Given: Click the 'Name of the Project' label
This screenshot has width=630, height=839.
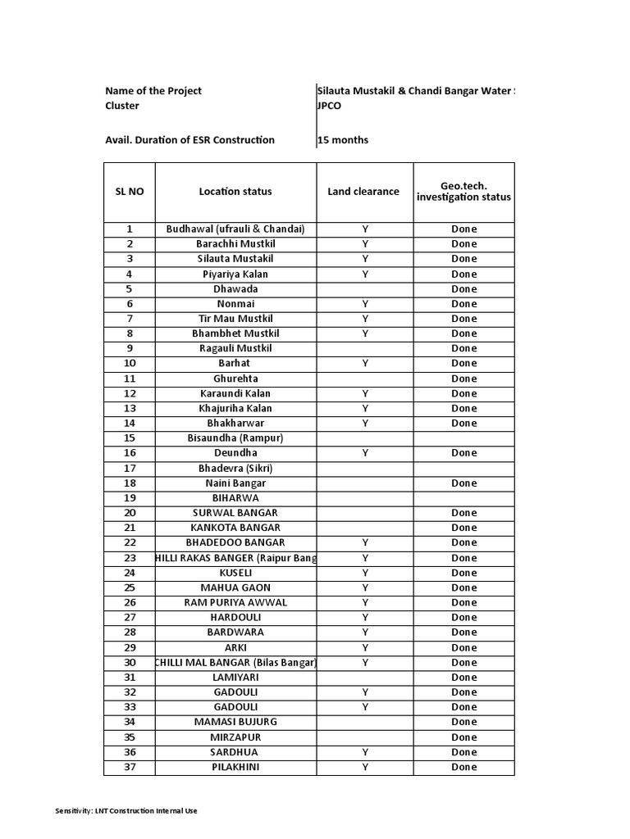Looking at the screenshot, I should point(153,91).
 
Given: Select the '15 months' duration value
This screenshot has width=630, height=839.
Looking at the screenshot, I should point(344,140).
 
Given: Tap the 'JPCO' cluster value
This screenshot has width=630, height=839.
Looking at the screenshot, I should point(331,106).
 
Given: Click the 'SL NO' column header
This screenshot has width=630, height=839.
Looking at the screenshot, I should point(129,192).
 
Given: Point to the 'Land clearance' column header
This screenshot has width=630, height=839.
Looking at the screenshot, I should point(363,192).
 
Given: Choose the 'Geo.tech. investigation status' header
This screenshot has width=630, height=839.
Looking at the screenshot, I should point(463,192).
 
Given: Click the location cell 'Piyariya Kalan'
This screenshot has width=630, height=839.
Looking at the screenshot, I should point(235,274).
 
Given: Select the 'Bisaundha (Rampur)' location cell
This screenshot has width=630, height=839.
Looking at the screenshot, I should point(235,438).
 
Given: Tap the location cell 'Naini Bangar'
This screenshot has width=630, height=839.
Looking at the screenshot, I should point(235,483).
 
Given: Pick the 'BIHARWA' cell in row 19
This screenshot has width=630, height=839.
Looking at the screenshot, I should point(235,497).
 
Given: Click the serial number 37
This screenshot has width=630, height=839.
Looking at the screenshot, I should point(129,767).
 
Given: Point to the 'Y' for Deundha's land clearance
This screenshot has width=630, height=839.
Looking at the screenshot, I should point(365,453).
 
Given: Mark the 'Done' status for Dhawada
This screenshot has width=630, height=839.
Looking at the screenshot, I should point(463,289).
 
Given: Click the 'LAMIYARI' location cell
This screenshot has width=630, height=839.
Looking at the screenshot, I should point(235,677).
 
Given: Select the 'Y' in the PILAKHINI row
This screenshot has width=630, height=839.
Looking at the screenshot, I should point(365,767).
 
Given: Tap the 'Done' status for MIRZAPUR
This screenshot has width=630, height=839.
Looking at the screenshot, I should point(463,737).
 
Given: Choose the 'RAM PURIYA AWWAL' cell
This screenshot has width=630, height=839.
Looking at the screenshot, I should point(235,602).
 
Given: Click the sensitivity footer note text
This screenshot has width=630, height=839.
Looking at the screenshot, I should point(126,811).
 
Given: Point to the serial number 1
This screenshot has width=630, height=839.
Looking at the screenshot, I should point(129,229).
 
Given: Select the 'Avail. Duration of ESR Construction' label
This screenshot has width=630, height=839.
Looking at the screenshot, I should point(189,140).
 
